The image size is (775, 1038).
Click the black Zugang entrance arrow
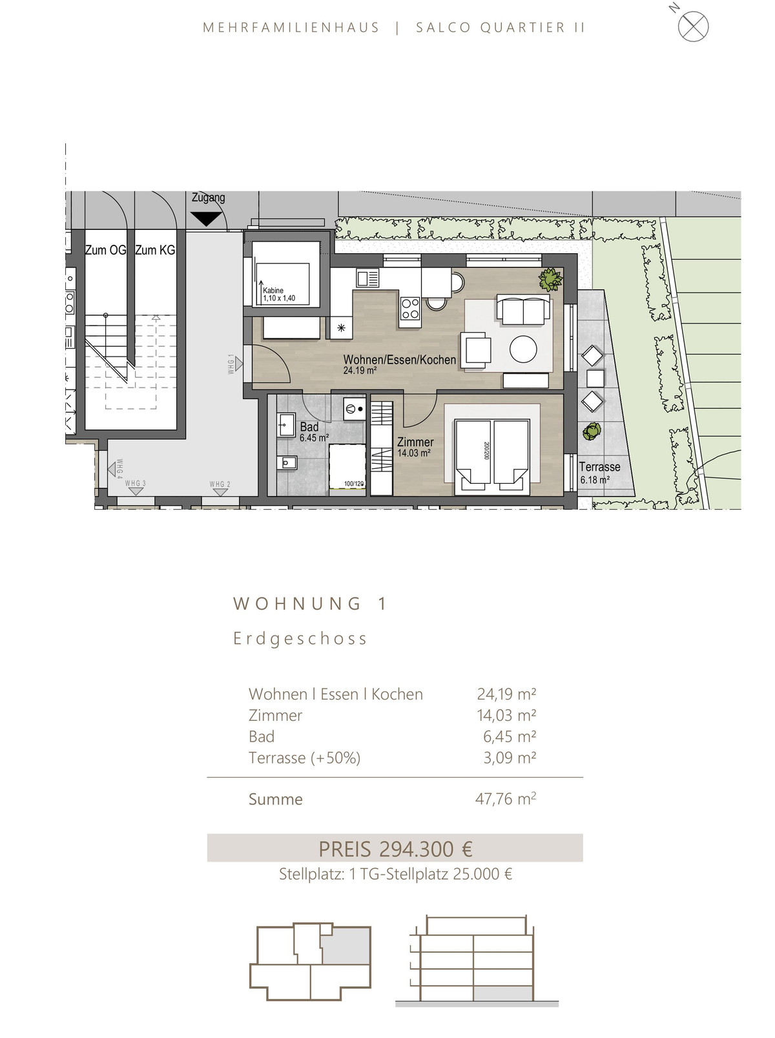click(206, 218)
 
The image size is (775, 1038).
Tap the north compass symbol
click(693, 26)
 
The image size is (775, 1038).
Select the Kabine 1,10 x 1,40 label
click(279, 294)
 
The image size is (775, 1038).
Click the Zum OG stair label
click(105, 250)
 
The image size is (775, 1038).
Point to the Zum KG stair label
click(155, 250)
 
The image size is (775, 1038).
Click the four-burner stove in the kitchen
click(409, 308)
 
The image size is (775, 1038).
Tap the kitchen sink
click(368, 278)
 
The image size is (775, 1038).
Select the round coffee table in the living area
click(523, 349)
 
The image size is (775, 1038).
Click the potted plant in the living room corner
click(550, 280)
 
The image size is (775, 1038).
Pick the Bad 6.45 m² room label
click(313, 432)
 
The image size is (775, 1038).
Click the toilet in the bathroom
click(287, 462)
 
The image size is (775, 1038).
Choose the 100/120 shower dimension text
click(354, 484)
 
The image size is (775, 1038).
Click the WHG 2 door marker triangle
click(220, 492)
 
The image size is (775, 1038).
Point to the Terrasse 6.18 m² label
click(599, 473)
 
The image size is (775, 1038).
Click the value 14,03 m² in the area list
click(506, 716)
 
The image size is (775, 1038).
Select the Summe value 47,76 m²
click(506, 799)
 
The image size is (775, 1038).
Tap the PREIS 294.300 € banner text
click(395, 849)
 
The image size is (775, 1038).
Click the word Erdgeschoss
click(300, 639)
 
